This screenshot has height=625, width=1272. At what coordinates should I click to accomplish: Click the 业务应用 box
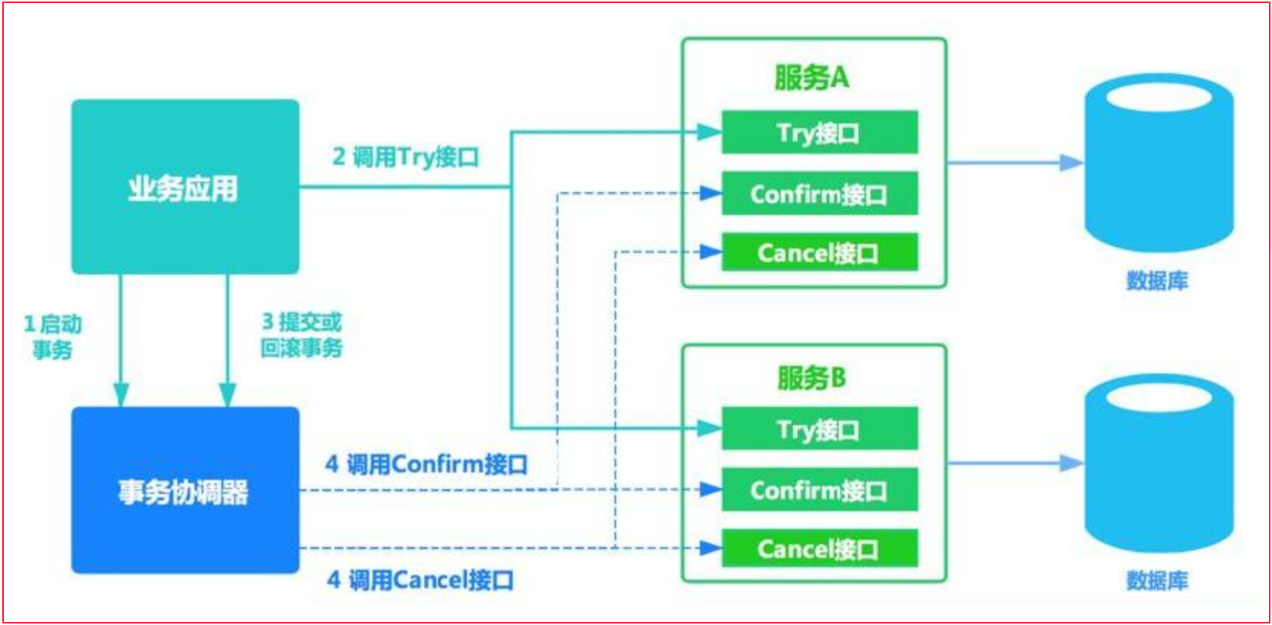coord(185,187)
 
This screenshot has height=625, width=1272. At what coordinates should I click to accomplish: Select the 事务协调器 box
coord(185,490)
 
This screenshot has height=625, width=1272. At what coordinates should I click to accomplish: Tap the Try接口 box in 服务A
coord(820,133)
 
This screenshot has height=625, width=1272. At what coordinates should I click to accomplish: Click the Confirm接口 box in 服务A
coord(820,194)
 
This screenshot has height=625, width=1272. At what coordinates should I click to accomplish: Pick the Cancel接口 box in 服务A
coord(820,252)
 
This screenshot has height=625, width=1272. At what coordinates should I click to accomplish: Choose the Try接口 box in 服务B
coord(820,429)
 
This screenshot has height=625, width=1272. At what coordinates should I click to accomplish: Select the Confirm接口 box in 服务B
coord(820,490)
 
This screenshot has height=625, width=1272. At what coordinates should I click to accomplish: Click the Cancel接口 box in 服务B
coord(820,549)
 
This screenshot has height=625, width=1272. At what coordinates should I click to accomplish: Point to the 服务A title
coord(812,77)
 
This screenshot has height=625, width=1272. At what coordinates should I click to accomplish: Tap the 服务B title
coord(812,377)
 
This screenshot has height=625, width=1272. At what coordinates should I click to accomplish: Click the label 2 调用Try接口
coord(405,157)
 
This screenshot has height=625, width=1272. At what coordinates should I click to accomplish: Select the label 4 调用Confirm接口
coord(427,464)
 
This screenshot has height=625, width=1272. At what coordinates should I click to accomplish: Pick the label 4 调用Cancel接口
coord(420,580)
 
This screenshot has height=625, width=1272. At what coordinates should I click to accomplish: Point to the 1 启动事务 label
coord(53,336)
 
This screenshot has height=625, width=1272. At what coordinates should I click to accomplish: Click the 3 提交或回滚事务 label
coord(302,335)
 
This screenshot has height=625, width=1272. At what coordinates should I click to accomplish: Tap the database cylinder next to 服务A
coord(1159,163)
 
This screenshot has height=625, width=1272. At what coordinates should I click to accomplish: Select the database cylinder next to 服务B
coord(1159,463)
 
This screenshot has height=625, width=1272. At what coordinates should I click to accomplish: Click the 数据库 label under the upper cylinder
coord(1157,280)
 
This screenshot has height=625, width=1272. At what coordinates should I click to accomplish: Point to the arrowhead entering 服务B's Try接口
coord(711,429)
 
